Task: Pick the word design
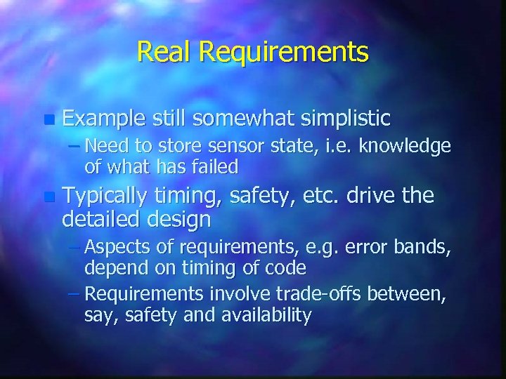click(x=178, y=220)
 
